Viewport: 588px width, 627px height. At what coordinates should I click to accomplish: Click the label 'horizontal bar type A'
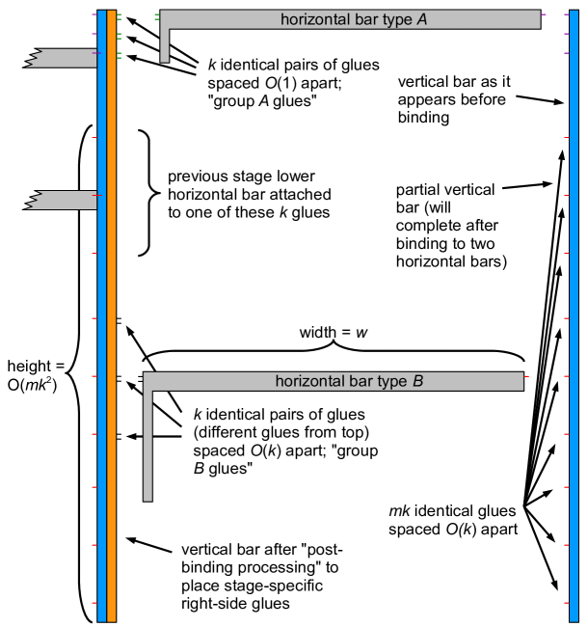(354, 19)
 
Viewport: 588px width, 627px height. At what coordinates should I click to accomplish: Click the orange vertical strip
(112, 318)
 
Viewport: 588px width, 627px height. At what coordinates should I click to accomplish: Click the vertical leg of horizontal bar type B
(148, 444)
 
